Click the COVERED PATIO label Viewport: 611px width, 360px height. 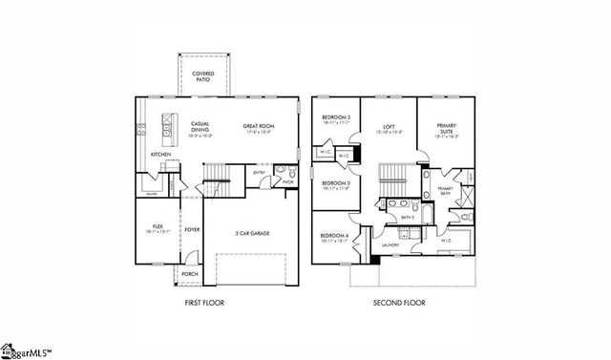click(x=202, y=74)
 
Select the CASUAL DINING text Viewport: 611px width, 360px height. click(x=200, y=126)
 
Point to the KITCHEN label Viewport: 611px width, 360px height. click(x=160, y=154)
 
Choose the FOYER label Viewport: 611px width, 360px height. click(x=192, y=229)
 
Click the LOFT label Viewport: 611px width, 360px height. click(x=389, y=126)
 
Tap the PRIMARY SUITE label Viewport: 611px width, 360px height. click(x=447, y=128)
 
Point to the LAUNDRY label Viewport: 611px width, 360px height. click(x=390, y=246)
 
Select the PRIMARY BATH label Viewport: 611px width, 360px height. click(x=445, y=191)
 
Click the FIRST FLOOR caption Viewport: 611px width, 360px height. click(x=205, y=304)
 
